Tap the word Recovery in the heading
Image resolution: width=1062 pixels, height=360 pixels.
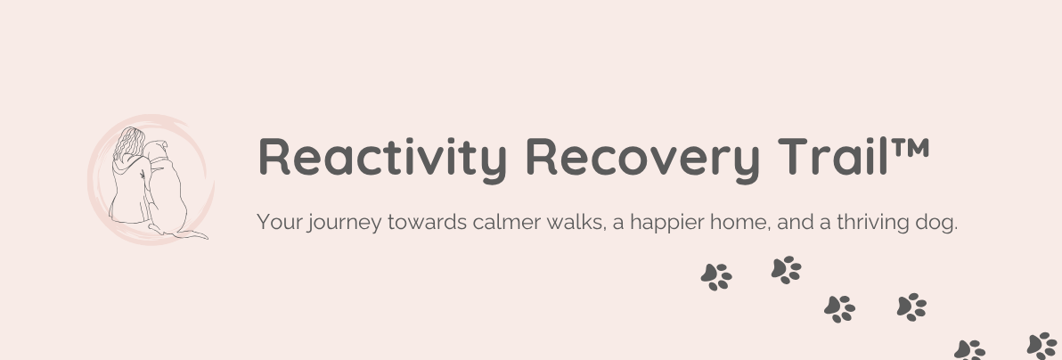[642, 159]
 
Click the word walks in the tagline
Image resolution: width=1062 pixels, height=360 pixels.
[576, 223]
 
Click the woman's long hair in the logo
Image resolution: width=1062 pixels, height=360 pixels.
[128, 143]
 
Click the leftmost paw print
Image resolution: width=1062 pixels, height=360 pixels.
[716, 277]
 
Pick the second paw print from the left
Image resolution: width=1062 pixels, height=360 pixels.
[787, 270]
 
